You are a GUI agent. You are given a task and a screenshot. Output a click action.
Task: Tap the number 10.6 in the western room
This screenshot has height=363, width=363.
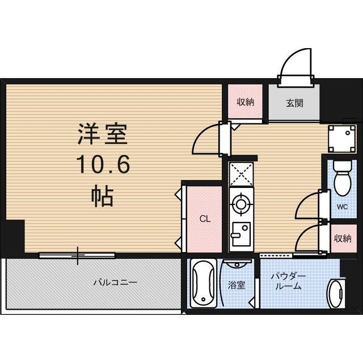click(103, 166)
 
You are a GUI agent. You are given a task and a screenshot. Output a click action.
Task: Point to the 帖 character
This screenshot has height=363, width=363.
click(103, 197)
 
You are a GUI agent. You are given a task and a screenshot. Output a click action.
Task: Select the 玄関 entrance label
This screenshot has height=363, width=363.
click(294, 103)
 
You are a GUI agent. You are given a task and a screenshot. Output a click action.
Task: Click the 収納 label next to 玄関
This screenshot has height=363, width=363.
click(245, 103)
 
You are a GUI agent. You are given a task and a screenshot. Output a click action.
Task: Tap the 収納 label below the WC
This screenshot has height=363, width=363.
click(342, 238)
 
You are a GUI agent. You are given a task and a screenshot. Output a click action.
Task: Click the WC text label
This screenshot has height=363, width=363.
click(342, 207)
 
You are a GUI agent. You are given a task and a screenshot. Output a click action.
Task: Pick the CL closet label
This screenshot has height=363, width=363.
click(205, 219)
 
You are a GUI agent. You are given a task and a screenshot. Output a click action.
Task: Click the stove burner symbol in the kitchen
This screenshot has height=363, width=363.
click(241, 203)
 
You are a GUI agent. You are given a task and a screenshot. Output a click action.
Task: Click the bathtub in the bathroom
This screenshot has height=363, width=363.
click(201, 284)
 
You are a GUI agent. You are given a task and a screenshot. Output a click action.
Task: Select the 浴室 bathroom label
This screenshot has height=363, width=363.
click(237, 285)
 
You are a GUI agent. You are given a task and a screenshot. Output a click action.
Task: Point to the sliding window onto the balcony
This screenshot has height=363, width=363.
click(78, 255)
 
